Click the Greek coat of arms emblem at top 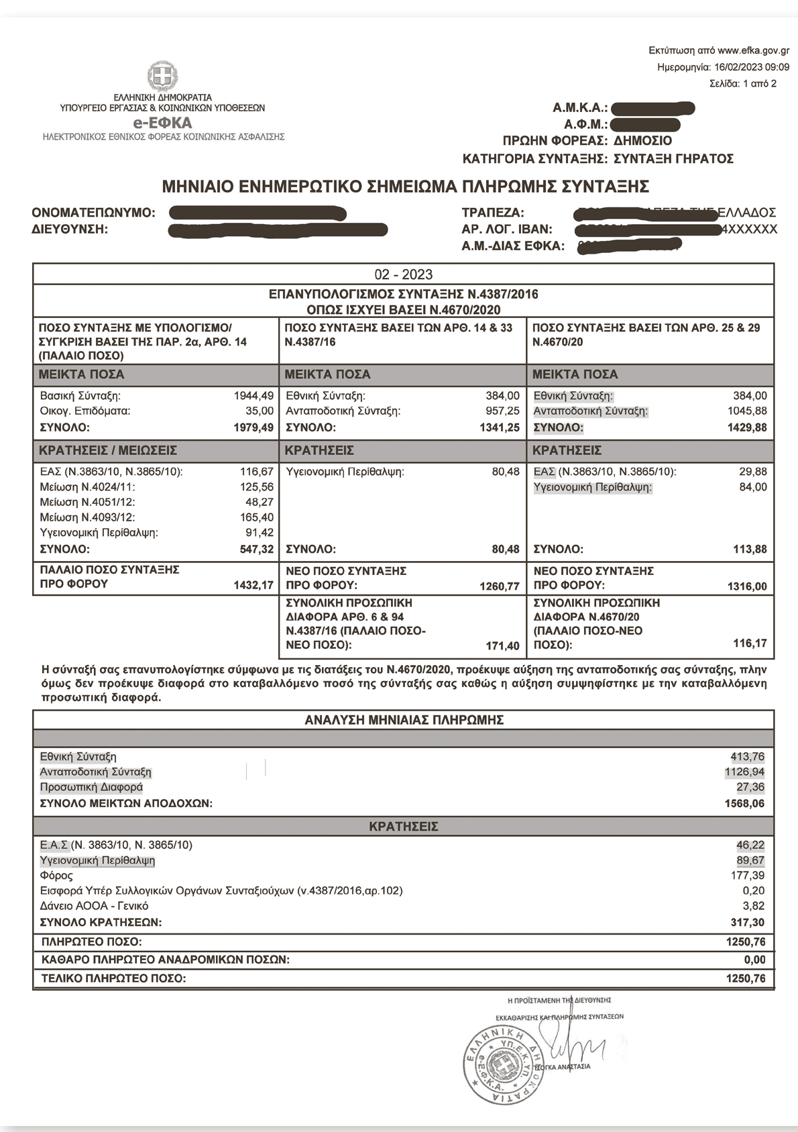(163, 76)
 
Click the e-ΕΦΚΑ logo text (163, 123)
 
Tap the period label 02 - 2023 (403, 274)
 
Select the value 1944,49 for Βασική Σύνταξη (253, 396)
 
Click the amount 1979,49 (253, 427)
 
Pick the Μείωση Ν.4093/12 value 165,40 (257, 517)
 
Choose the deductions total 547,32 (257, 549)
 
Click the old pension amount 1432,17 (253, 585)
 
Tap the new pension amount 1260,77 (500, 586)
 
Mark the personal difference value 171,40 (502, 646)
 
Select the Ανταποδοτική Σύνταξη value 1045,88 (747, 411)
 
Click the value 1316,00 (747, 586)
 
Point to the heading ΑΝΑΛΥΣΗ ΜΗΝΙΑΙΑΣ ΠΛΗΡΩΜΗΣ (404, 720)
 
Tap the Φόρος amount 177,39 (748, 876)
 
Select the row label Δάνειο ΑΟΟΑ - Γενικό (94, 906)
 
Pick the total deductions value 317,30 (748, 923)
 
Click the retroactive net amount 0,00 (754, 960)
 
